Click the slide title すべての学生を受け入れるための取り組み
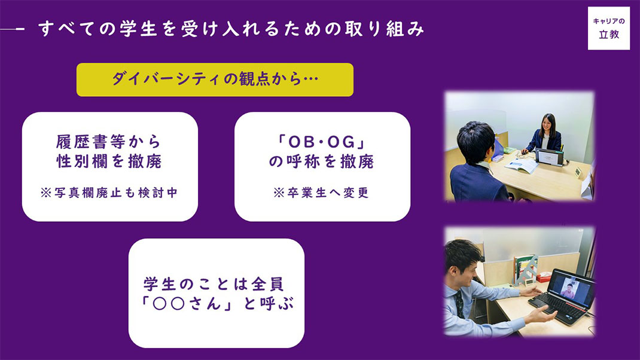(231, 29)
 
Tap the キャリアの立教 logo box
(608, 28)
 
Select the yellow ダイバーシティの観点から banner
(215, 80)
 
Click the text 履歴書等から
(109, 142)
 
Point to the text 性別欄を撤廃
(109, 161)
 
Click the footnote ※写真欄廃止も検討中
(109, 193)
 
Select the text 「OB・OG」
(322, 142)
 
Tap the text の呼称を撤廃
(322, 161)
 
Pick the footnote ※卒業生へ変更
(322, 193)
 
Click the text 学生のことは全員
(214, 283)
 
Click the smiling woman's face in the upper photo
(546, 124)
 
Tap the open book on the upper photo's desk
(521, 165)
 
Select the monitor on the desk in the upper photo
(549, 157)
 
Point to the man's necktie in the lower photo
(460, 304)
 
